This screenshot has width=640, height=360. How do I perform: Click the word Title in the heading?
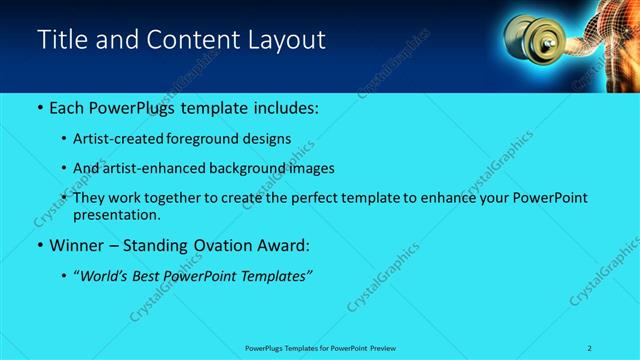click(61, 40)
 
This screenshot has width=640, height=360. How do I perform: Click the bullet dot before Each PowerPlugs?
click(39, 107)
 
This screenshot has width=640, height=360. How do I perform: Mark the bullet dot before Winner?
click(39, 246)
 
